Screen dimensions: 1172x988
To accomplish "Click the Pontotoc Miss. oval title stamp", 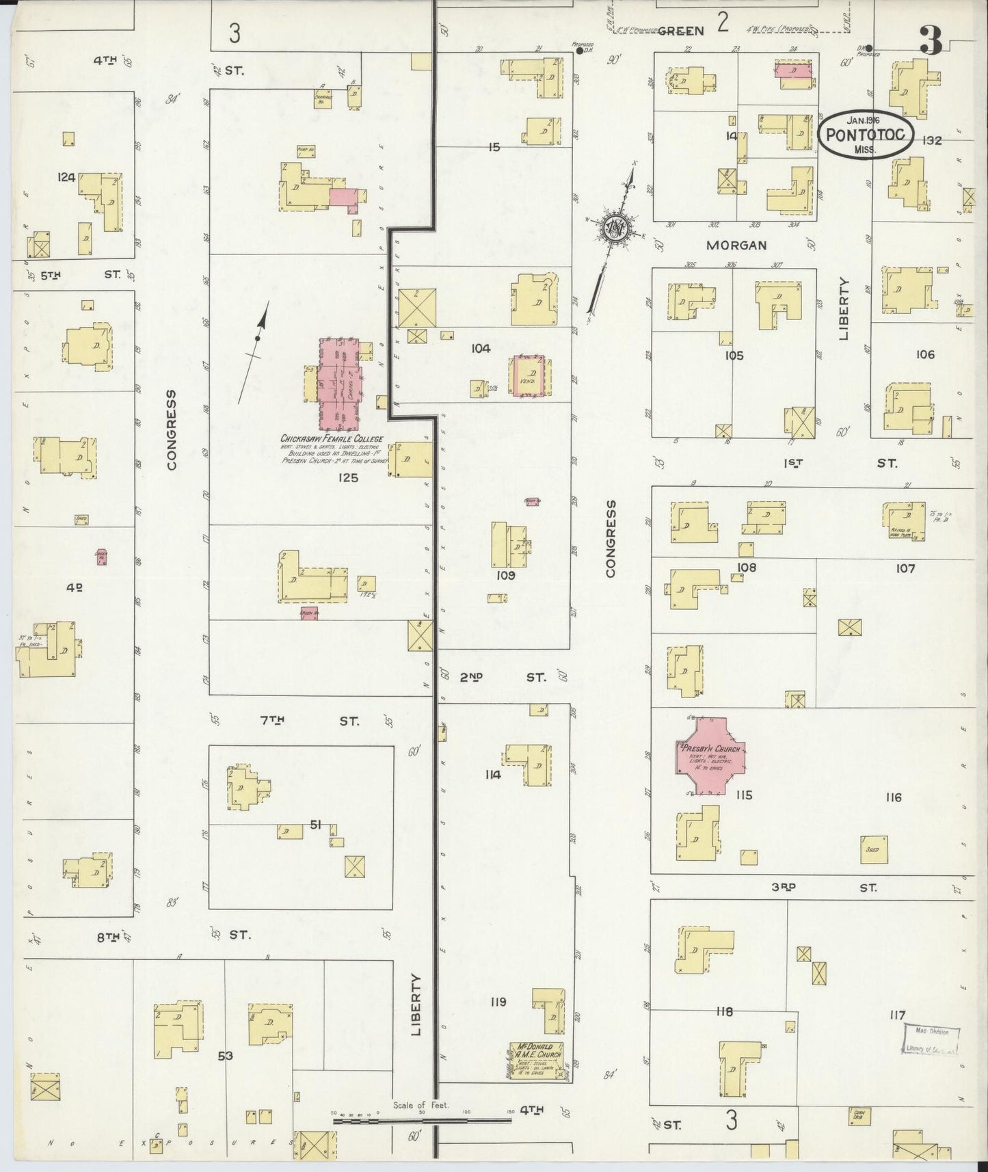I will pos(866,135).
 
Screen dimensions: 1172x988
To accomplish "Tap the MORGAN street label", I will pos(736,245).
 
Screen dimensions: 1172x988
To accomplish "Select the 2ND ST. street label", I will pos(503,677).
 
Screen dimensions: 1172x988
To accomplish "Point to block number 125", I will pos(347,477).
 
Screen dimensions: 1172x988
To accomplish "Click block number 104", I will pos(480,349).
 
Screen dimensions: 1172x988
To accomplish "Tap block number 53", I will pos(225,1056).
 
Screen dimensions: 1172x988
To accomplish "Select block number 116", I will pos(893,797).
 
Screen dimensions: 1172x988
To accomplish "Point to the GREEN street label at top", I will pos(681,31).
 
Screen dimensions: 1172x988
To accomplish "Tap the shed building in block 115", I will pos(873,849).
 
